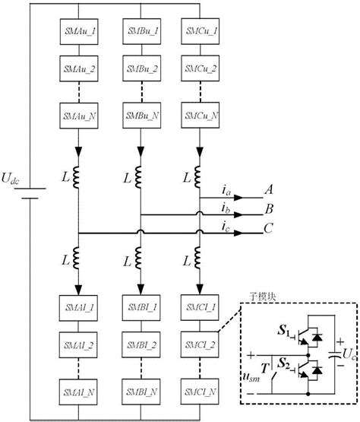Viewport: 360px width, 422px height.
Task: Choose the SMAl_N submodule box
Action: [x=78, y=396]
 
